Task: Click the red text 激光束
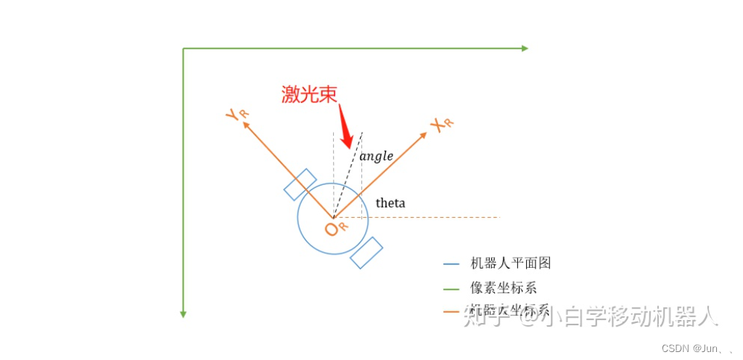pos(310,95)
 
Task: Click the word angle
pos(376,156)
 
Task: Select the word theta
pos(390,203)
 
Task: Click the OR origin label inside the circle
pos(336,229)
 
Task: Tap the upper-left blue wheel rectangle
pos(300,184)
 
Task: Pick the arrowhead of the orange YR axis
pos(245,124)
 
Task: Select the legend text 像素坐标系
pos(504,288)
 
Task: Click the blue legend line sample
pos(451,264)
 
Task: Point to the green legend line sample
pos(451,289)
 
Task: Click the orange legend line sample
pos(451,313)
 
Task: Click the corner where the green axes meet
pos(184,49)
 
